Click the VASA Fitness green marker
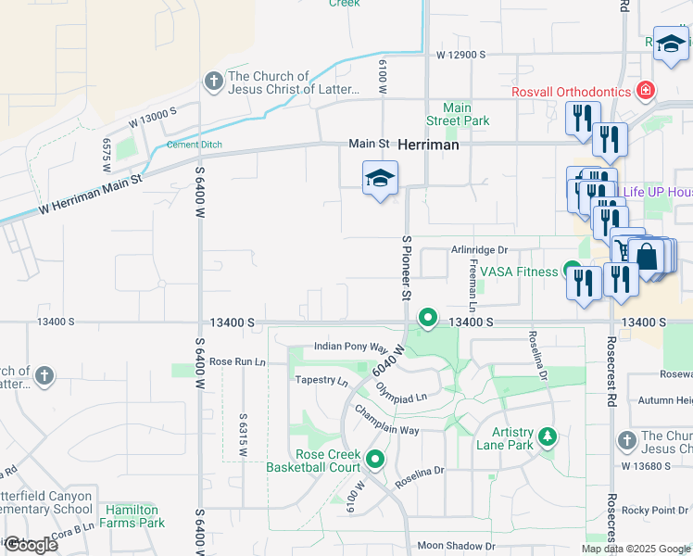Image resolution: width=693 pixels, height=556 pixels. [573, 271]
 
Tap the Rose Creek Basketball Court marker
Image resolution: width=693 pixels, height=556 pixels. [375, 459]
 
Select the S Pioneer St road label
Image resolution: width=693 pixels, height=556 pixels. [406, 267]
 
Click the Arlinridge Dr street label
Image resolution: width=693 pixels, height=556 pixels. [480, 250]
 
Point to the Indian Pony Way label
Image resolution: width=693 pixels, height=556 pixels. [350, 347]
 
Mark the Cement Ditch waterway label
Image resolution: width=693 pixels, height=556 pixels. [195, 145]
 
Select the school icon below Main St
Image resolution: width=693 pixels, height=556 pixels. [380, 178]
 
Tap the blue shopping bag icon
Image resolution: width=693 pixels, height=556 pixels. [647, 256]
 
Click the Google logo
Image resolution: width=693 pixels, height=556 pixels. [31, 545]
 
